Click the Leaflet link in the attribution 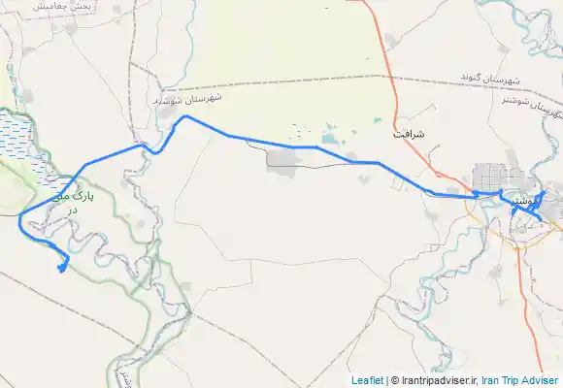tap(366, 380)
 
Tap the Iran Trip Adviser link tap(522, 380)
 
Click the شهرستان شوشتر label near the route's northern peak tap(188, 99)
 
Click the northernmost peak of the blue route tap(185, 116)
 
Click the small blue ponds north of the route tap(324, 135)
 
